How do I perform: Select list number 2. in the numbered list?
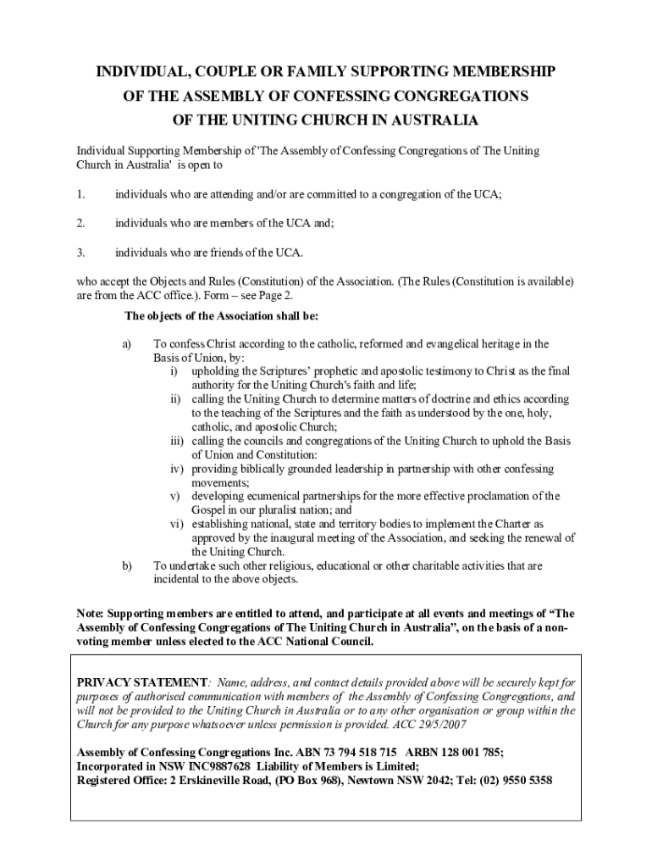pos(80,224)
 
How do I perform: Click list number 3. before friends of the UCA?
pos(80,253)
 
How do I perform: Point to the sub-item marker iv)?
pos(177,469)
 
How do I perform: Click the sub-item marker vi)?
pos(177,524)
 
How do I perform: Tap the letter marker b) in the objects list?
pos(128,565)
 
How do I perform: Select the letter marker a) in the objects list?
pos(128,344)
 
